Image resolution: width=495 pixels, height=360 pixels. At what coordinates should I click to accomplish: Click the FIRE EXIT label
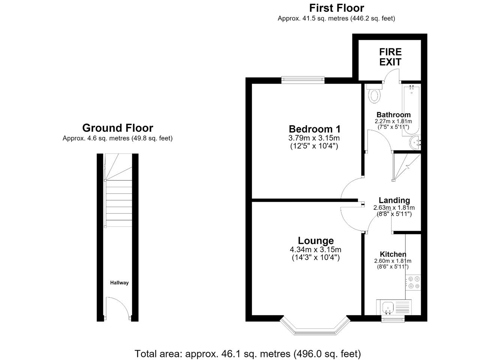pyautogui.click(x=390, y=57)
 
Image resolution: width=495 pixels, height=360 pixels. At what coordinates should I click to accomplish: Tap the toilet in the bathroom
pyautogui.click(x=374, y=94)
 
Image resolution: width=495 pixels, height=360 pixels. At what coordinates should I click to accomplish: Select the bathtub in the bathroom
pyautogui.click(x=411, y=110)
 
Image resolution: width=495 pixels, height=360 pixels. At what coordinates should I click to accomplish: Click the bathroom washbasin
pyautogui.click(x=415, y=142)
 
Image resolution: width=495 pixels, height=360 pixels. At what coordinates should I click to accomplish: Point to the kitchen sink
pyautogui.click(x=394, y=307)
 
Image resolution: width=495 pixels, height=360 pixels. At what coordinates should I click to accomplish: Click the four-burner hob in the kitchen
pyautogui.click(x=413, y=282)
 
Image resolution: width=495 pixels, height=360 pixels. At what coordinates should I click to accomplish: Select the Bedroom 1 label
pyautogui.click(x=315, y=129)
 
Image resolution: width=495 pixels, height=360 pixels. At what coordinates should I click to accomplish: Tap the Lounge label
pyautogui.click(x=316, y=240)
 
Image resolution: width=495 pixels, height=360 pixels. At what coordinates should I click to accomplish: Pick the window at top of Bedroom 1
pyautogui.click(x=303, y=80)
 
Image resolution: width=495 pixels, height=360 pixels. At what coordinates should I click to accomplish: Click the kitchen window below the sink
pyautogui.click(x=393, y=318)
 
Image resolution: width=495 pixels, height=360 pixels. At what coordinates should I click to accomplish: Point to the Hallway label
pyautogui.click(x=119, y=283)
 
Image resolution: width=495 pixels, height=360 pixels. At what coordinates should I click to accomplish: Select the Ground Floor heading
pyautogui.click(x=118, y=128)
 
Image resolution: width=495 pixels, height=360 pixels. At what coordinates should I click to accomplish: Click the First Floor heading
pyautogui.click(x=336, y=8)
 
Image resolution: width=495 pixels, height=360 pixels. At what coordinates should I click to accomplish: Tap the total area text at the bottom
pyautogui.click(x=248, y=354)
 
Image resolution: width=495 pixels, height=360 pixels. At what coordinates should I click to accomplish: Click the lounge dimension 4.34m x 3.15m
pyautogui.click(x=316, y=249)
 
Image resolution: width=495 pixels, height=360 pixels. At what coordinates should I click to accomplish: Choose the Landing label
pyautogui.click(x=394, y=200)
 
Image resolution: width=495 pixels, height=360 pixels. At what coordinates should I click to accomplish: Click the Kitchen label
pyautogui.click(x=393, y=254)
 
